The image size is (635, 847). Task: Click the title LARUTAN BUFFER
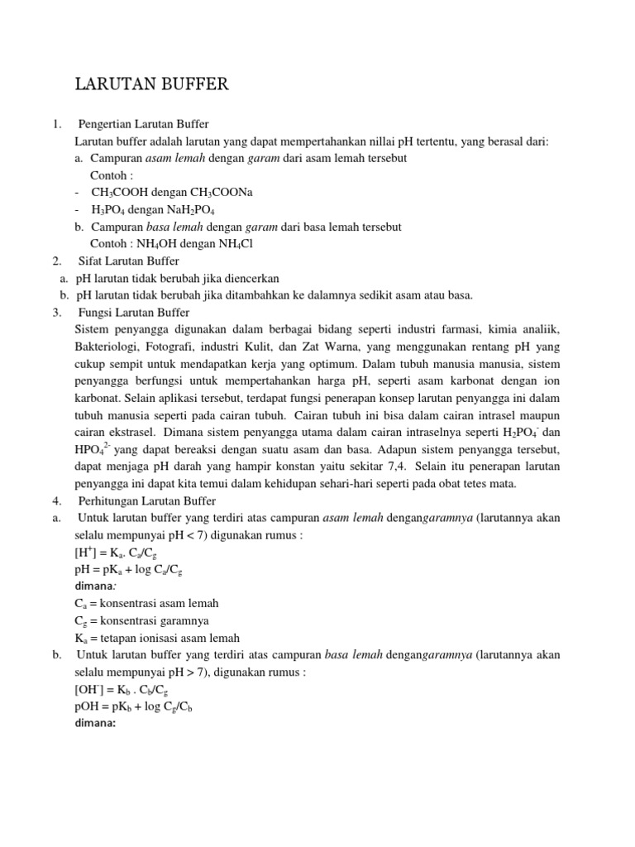click(151, 84)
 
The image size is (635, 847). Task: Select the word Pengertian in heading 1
click(106, 125)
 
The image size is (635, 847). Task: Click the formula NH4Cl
click(233, 244)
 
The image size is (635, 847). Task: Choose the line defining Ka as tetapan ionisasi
click(156, 637)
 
